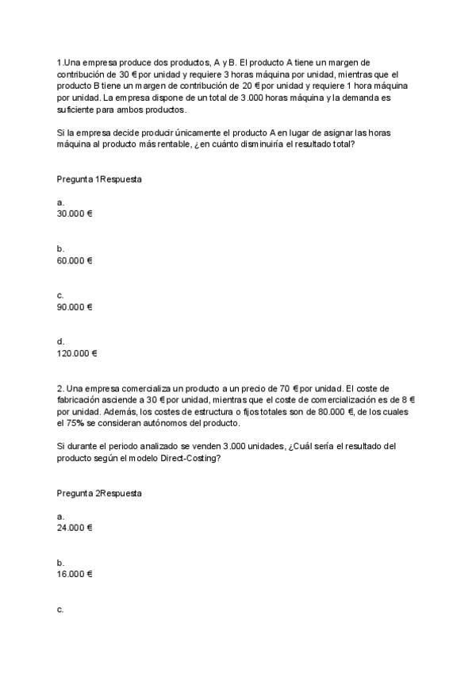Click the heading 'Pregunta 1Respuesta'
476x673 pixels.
click(99, 179)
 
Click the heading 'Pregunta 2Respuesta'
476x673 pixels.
click(99, 493)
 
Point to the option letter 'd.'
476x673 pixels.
click(61, 341)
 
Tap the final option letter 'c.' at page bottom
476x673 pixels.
click(60, 609)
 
